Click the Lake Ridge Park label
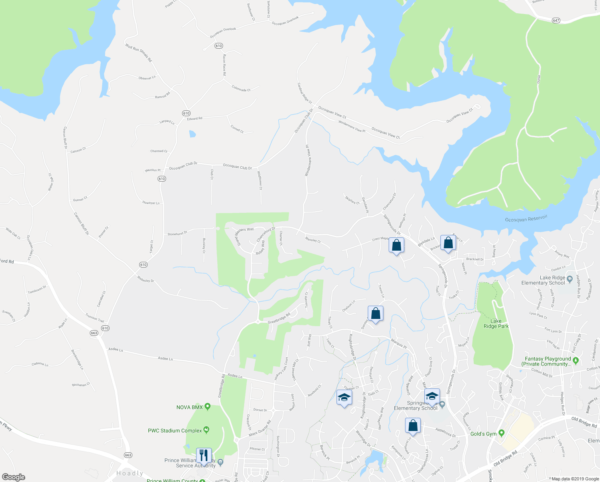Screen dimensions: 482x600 coord(496,323)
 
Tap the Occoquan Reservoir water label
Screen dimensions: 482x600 coord(526,219)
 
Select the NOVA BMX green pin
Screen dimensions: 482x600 coord(207,407)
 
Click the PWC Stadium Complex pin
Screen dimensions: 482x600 coord(207,430)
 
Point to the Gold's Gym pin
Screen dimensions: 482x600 coord(501,433)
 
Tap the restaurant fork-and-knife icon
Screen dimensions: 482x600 coord(204,455)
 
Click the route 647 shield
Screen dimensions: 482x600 coord(555,20)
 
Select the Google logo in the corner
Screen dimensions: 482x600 coord(13,477)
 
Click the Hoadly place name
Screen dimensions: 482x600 coord(130,473)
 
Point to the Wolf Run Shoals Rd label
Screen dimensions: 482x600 coord(138,53)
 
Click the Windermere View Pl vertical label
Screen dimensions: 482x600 coord(308,160)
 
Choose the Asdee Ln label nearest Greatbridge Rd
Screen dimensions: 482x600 coord(235,376)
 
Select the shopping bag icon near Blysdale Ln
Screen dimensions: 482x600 coord(448,243)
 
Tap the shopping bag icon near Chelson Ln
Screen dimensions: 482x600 coord(375,313)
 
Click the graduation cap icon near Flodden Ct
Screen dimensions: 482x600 coord(344,398)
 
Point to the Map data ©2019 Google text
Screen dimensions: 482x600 coord(575,478)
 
